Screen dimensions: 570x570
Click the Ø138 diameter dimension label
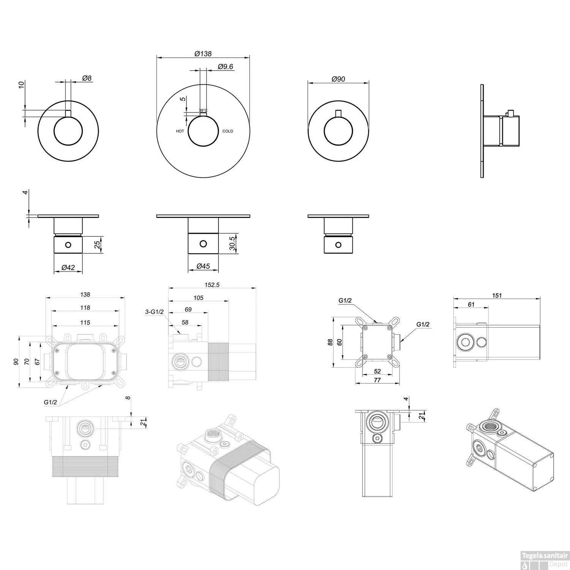[x=203, y=54]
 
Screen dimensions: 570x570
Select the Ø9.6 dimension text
[x=226, y=66]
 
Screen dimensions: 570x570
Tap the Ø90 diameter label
[x=338, y=79]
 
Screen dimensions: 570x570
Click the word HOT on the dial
[x=180, y=131]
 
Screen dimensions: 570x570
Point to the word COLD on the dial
[x=228, y=131]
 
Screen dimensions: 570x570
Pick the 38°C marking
[x=203, y=111]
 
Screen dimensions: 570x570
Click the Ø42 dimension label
[x=68, y=268]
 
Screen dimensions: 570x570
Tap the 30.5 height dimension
[x=233, y=243]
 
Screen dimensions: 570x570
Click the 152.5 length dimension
[x=212, y=285]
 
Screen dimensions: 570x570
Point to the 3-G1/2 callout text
[x=154, y=312]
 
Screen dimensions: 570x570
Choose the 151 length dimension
[x=497, y=295]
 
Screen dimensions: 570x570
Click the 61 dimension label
[x=471, y=304]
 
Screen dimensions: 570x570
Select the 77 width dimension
[x=377, y=380]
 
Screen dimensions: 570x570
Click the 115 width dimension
[x=85, y=323]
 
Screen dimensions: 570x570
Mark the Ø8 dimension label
[x=87, y=78]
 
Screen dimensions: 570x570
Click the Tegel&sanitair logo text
[x=545, y=555]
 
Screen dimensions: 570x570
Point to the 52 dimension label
[x=377, y=371]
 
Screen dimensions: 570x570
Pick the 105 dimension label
[x=198, y=298]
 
